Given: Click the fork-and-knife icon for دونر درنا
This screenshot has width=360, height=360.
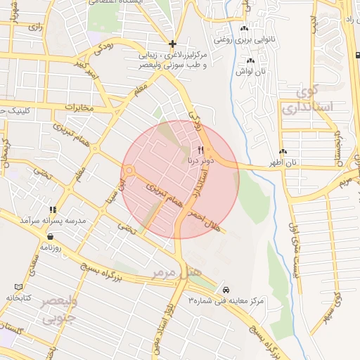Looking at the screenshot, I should (201, 150).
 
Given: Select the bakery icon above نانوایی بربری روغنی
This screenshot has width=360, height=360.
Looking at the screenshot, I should (244, 29).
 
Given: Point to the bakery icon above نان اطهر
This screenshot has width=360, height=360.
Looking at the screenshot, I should (283, 152).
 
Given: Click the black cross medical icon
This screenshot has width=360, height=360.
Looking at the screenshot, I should (172, 44).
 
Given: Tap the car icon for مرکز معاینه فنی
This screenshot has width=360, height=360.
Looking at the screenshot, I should (226, 289).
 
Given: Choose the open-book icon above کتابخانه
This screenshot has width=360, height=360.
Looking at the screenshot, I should (18, 287).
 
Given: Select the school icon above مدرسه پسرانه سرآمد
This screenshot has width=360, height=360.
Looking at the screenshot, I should (52, 210).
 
